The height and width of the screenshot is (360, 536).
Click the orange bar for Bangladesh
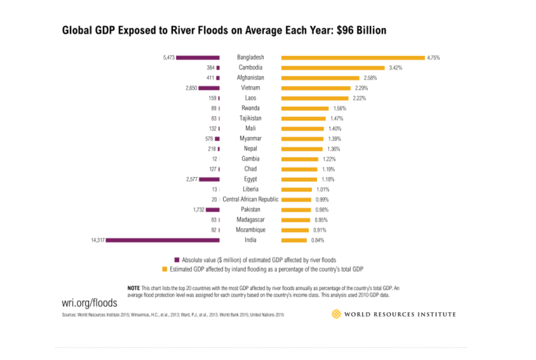[353, 58]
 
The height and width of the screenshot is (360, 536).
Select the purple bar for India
[163, 240]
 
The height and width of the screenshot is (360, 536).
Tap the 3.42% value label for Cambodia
[395, 68]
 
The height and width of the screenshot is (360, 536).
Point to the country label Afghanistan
[250, 78]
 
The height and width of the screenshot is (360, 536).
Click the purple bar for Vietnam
[209, 88]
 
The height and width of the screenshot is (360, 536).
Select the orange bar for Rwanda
[305, 108]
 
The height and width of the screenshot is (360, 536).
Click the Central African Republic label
[250, 200]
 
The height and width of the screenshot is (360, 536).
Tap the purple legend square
[177, 259]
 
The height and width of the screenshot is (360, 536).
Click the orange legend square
[164, 269]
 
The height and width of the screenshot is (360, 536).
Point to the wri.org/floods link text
[89, 303]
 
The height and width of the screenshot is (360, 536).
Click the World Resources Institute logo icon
[336, 314]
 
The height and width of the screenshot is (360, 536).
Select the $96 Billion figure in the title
[361, 30]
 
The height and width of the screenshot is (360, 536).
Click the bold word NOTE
[133, 288]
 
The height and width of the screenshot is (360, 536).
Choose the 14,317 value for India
[97, 240]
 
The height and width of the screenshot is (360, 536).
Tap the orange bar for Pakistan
[296, 210]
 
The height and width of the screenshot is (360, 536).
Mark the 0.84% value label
[318, 240]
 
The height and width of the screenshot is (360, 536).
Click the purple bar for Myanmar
[217, 139]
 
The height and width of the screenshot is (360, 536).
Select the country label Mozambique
[250, 230]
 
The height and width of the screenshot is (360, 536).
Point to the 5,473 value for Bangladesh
[169, 58]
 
